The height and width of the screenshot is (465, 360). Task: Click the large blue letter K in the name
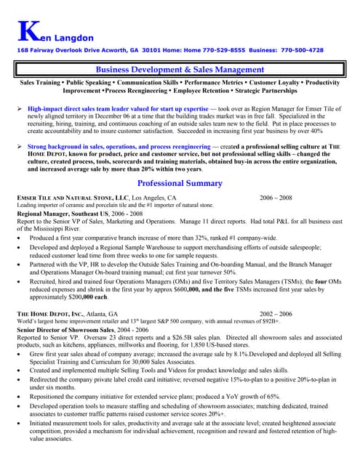pos(24,30)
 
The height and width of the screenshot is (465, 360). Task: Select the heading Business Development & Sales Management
pos(179,69)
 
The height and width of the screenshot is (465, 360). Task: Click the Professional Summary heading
pos(180,183)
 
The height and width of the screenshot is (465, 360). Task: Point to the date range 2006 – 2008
pos(276,198)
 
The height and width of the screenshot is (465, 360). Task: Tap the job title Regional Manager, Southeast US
pos(64,214)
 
